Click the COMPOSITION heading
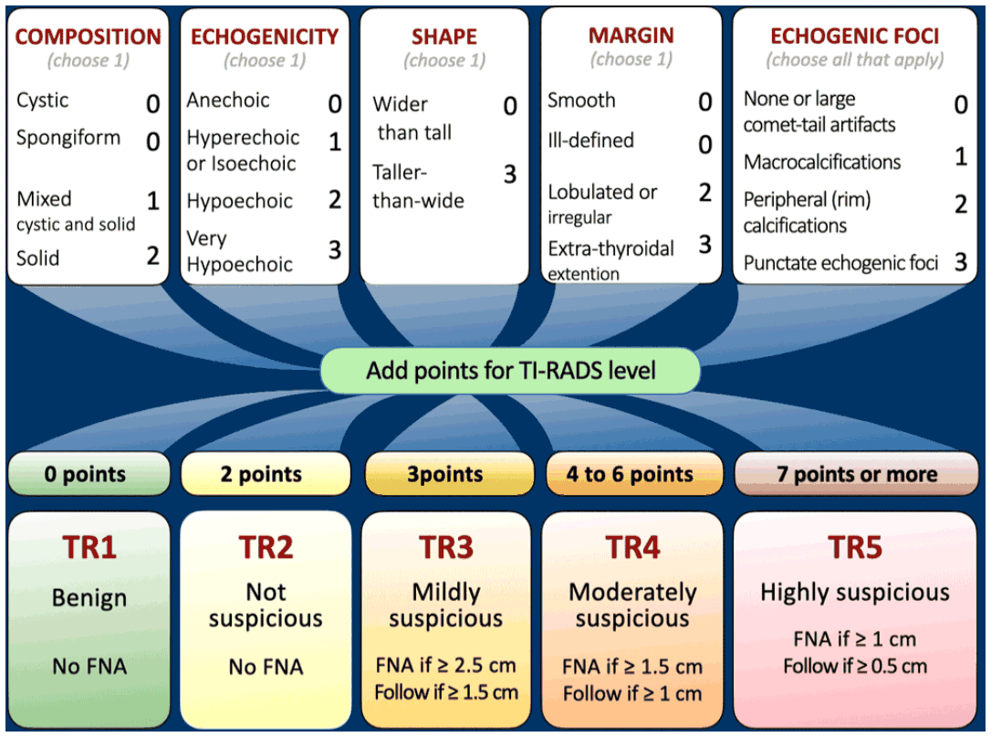(88, 37)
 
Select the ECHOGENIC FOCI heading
(854, 36)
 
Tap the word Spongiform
(68, 138)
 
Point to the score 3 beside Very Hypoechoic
(334, 250)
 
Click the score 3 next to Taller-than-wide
(510, 174)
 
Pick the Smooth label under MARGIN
(581, 100)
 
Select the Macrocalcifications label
(822, 162)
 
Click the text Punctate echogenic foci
(840, 262)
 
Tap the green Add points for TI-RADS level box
(511, 371)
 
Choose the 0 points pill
(89, 474)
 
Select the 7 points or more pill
(856, 474)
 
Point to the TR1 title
(89, 547)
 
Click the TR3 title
(446, 547)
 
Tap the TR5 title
(855, 547)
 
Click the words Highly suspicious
(855, 592)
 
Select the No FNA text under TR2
(266, 667)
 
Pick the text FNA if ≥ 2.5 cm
(446, 665)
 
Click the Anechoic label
(228, 100)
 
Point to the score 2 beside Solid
(153, 256)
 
